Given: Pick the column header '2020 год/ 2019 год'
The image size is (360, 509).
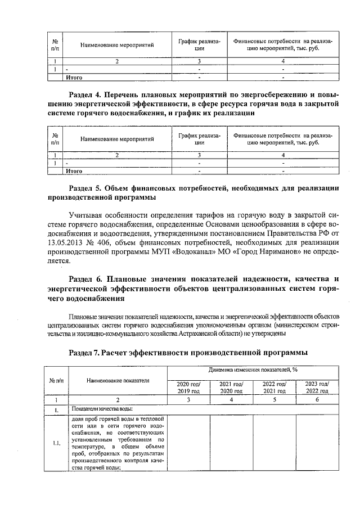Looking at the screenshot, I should click(x=189, y=388).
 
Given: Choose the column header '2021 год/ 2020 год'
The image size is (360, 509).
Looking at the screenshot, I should click(x=231, y=388).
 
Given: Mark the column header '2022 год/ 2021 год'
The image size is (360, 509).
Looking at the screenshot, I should click(x=274, y=388).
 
